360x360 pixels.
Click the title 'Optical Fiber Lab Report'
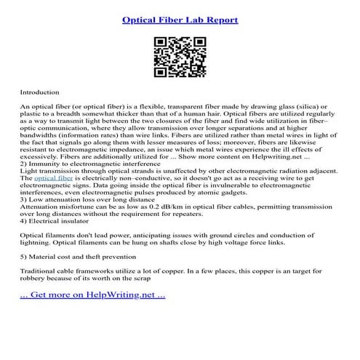(180, 20)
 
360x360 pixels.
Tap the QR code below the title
(180, 56)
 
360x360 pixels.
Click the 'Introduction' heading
(42, 93)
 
